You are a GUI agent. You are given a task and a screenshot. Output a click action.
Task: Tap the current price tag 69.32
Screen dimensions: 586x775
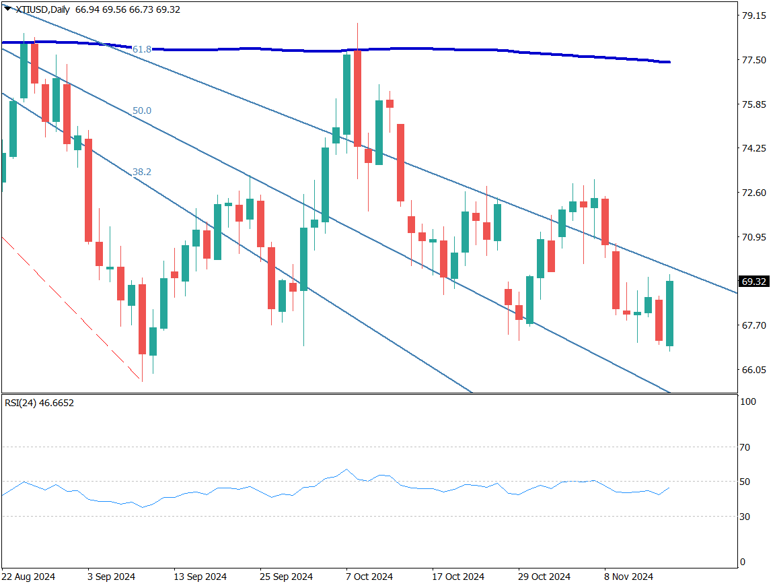tap(753, 282)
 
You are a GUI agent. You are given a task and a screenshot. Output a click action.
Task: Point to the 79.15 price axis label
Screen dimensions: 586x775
tap(753, 15)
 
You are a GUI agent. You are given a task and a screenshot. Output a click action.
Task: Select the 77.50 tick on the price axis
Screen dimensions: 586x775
tap(753, 60)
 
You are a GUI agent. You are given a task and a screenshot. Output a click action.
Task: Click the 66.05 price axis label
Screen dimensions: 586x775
tap(753, 370)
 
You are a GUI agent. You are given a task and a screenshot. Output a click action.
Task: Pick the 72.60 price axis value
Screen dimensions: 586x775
tap(753, 193)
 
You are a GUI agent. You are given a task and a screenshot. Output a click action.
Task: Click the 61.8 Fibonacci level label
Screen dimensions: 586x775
tap(142, 49)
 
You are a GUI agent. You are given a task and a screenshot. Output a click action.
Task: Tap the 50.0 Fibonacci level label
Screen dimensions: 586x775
tap(142, 110)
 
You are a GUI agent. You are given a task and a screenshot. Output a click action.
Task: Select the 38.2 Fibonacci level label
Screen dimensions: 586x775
tap(142, 172)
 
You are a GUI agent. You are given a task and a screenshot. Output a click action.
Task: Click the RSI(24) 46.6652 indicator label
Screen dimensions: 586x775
tap(39, 403)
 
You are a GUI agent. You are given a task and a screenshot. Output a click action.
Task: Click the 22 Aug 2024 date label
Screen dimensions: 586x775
tap(28, 577)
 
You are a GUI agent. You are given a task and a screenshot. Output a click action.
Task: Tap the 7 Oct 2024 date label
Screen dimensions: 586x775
tap(369, 577)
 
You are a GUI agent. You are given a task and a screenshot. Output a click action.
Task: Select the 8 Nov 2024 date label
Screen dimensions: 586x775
tap(628, 577)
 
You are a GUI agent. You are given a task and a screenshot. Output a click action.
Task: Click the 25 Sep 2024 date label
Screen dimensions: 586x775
tap(287, 577)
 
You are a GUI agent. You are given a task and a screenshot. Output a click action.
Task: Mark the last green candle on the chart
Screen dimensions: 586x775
tap(670, 314)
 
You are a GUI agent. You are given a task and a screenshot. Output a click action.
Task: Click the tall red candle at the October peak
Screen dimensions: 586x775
tap(358, 98)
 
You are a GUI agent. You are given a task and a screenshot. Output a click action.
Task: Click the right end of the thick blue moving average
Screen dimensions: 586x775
tap(668, 62)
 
